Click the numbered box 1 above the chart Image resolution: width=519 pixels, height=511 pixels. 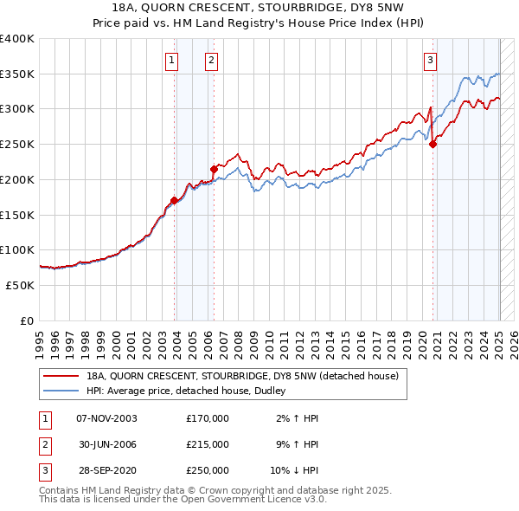pos(171,60)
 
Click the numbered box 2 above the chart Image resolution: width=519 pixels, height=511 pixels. pos(211,60)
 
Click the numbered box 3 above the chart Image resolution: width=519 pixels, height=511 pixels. pos(430,60)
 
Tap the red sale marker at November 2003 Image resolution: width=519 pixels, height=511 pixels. pos(174,201)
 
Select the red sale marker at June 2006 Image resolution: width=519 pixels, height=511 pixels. pos(213,169)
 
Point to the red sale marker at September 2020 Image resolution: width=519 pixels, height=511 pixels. pos(433,145)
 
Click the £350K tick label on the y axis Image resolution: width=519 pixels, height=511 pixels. pos(17,74)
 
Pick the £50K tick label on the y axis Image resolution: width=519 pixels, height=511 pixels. pos(21,285)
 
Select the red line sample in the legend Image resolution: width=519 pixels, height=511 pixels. pos(60,376)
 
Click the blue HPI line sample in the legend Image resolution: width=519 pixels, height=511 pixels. pos(60,391)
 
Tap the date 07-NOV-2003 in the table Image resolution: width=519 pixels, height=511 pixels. pos(107,418)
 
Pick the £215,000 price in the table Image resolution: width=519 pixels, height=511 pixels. pos(208,444)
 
